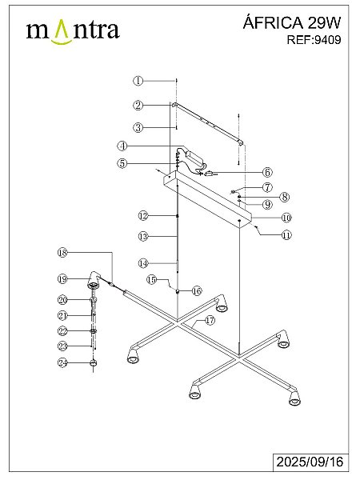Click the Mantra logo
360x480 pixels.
(x=73, y=31)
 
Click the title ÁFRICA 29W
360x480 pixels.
(x=292, y=22)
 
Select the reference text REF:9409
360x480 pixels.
(x=314, y=40)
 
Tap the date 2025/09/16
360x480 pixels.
(x=310, y=462)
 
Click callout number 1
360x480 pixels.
(x=138, y=81)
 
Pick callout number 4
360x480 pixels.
(x=122, y=146)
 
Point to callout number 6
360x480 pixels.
(x=267, y=172)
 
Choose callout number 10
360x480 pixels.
(x=286, y=218)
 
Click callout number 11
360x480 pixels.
(x=286, y=235)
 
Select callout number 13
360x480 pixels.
(x=143, y=236)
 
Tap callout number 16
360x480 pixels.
(x=197, y=291)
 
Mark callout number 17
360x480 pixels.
(x=210, y=321)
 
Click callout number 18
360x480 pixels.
(x=62, y=253)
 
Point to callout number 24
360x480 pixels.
(x=62, y=362)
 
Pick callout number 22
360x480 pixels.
(x=62, y=331)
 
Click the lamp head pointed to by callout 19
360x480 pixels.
(x=94, y=280)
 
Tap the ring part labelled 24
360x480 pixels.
(x=93, y=363)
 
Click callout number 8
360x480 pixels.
(x=285, y=197)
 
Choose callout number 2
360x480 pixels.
(x=138, y=106)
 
